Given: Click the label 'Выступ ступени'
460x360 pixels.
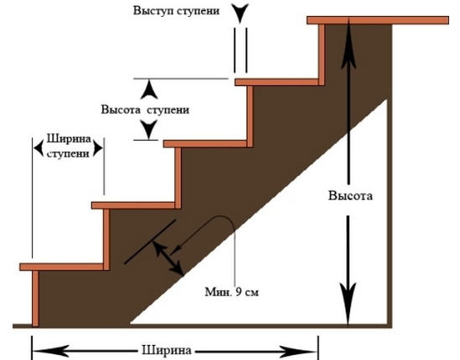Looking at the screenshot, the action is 176,11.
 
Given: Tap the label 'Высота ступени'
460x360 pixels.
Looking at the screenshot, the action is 145,110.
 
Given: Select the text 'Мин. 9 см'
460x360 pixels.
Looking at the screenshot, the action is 232,292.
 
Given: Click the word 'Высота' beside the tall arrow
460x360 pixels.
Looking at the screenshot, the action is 350,196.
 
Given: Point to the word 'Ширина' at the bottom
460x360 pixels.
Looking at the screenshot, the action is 167,350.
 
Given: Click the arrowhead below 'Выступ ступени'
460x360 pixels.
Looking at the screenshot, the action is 240,13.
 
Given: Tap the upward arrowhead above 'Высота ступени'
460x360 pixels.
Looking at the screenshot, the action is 149,90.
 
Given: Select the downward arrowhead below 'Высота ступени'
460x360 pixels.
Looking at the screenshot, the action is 149,130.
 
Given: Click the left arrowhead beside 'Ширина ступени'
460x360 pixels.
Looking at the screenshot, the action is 39,147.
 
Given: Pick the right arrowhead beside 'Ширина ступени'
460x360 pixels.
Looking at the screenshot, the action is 98,147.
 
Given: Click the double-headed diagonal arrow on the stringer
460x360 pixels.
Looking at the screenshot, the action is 168,258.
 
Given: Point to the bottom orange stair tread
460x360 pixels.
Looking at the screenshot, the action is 62,267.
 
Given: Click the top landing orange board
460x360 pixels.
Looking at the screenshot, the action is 378,20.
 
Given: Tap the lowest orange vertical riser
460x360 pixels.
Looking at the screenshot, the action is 35,298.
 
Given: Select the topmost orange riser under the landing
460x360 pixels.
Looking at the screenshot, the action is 322,54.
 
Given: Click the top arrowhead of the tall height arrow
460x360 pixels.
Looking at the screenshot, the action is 349,44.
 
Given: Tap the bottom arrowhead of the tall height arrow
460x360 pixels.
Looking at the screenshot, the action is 349,303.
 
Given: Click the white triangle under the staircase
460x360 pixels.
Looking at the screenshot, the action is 308,264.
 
